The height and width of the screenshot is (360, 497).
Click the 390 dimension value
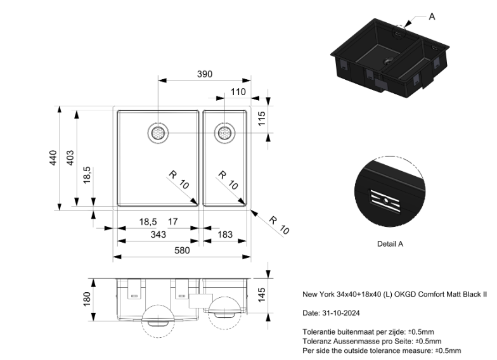coord(204,74)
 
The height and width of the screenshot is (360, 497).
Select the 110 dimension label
coord(238,92)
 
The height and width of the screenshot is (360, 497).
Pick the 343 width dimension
coord(158,235)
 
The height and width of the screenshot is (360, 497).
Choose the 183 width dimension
coord(225,235)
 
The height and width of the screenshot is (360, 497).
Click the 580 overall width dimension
coord(182,250)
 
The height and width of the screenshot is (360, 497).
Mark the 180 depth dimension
coord(87,297)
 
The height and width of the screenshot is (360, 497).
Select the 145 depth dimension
coord(262,295)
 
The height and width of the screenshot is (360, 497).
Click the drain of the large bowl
coord(157,133)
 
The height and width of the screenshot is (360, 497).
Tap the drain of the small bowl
coord(224,133)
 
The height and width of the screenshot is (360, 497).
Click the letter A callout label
coord(432,16)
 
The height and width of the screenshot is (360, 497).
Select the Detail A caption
coord(390,243)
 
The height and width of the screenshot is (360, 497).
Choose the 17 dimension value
coord(172,221)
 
